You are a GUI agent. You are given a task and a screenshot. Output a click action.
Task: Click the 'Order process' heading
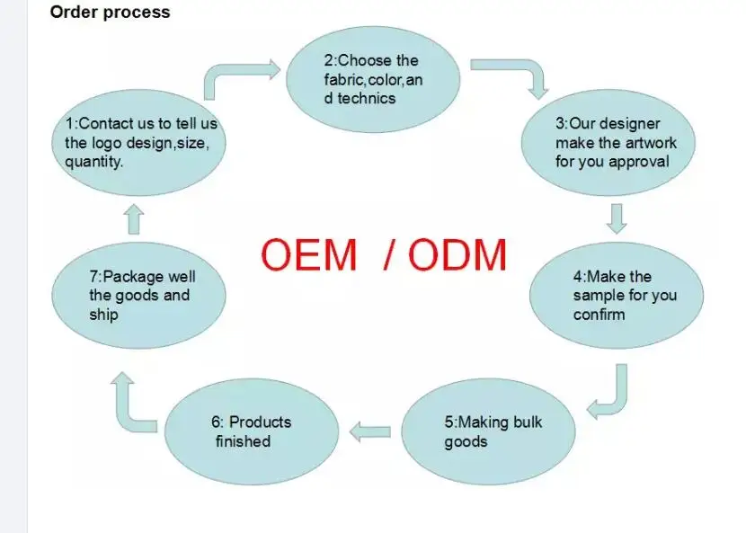point(110,13)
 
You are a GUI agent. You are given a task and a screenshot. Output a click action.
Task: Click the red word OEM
point(308,255)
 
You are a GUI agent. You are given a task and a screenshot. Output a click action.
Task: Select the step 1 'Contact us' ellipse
point(139,144)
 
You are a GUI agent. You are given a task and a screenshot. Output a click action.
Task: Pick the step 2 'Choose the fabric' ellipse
point(372,79)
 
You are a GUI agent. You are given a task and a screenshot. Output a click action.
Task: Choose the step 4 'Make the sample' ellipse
point(616,296)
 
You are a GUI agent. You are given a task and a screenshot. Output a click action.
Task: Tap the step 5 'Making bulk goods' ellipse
point(491,432)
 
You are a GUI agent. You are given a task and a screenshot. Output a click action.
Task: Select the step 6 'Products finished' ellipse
point(252,432)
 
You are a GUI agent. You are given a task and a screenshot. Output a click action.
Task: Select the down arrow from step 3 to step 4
point(617,218)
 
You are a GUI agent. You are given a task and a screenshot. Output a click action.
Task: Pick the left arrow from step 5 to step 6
point(369,432)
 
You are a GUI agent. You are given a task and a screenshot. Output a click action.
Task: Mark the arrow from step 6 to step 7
point(129,400)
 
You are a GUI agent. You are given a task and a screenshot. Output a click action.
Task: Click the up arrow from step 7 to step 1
point(134,219)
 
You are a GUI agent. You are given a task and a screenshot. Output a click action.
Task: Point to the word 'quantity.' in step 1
point(94,162)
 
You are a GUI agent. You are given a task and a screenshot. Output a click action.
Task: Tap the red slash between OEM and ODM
point(388,255)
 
